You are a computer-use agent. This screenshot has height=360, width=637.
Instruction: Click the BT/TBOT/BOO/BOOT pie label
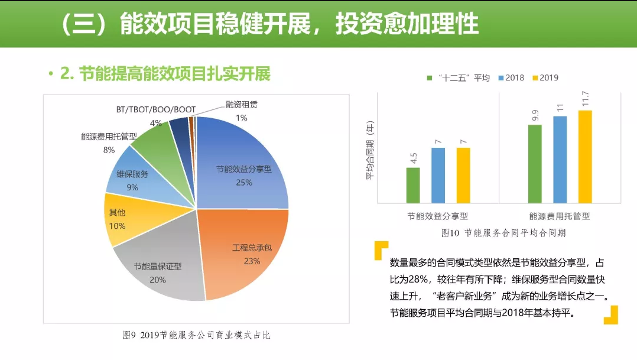(x=155, y=110)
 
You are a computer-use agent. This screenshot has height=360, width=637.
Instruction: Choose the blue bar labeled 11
(x=560, y=159)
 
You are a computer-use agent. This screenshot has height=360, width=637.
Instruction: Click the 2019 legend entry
(x=545, y=77)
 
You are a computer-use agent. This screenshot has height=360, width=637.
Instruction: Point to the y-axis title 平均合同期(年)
(x=370, y=150)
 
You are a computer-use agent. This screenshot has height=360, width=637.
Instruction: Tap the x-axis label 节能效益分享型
(x=438, y=216)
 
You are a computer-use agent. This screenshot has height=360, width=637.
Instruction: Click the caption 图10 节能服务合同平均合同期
(x=503, y=233)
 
